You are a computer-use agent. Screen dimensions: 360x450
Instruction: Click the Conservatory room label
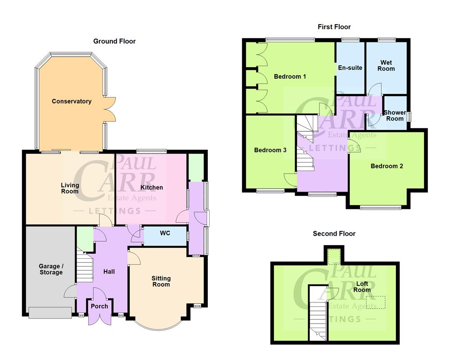coord(72,101)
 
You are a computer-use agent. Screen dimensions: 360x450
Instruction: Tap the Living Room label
coord(70,188)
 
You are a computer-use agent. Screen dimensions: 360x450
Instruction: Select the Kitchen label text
coord(152,187)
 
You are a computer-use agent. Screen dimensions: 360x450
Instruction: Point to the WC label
coord(165,234)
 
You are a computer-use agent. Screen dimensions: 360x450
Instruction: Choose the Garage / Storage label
coord(50,269)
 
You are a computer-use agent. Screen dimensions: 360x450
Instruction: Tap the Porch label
coord(99,306)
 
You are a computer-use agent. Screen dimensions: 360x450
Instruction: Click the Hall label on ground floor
coord(109,271)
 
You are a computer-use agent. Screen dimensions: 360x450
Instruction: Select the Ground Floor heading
coord(114,41)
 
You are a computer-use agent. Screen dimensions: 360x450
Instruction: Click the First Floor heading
coord(334,27)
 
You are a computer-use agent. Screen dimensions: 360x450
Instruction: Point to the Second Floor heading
coord(334,234)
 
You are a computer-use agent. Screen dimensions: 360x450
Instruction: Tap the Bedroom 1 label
coord(290,76)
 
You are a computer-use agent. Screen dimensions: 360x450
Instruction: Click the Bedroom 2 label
coord(387,166)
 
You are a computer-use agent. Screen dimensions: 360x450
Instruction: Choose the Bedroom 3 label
coord(270,150)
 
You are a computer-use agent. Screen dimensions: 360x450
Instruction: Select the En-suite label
coord(350,68)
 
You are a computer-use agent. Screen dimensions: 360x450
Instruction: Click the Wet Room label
coord(386,66)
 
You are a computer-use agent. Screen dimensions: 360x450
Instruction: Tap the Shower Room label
coord(395,116)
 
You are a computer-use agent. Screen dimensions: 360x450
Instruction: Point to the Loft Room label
coord(363,287)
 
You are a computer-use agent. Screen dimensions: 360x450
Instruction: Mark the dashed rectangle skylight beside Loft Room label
coord(376,302)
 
